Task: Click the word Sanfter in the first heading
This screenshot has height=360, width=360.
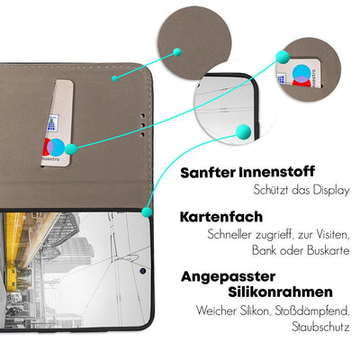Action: tap(208, 173)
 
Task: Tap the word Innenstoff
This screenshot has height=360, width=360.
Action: tap(277, 172)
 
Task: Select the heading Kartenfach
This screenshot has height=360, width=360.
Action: tap(221, 217)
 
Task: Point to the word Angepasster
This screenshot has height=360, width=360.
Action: tap(228, 277)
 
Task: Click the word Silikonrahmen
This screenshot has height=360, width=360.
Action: tap(281, 292)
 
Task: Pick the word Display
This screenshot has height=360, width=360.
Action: tap(331, 191)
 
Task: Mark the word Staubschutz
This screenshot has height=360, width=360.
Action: tap(321, 327)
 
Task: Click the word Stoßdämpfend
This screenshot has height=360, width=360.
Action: tap(312, 311)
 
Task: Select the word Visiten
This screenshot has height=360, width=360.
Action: tap(332, 235)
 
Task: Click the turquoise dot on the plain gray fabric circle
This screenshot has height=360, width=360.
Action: tap(177, 52)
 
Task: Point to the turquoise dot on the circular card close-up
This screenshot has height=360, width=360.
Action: tap(283, 57)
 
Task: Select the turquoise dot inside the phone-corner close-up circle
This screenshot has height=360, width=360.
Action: tap(243, 132)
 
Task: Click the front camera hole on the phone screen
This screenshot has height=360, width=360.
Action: tap(143, 271)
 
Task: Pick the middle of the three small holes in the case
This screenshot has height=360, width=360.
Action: tap(143, 125)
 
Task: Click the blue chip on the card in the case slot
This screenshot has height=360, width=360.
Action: tap(53, 123)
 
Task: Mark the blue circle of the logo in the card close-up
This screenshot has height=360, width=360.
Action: tap(301, 73)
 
